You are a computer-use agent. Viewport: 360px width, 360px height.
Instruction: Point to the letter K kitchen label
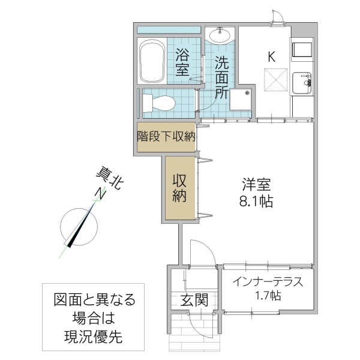click(x=271, y=57)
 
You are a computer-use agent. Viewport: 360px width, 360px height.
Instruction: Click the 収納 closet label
click(x=180, y=188)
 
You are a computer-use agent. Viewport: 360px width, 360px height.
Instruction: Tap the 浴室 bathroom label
click(x=183, y=62)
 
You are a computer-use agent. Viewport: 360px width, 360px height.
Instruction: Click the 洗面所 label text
click(x=221, y=77)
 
